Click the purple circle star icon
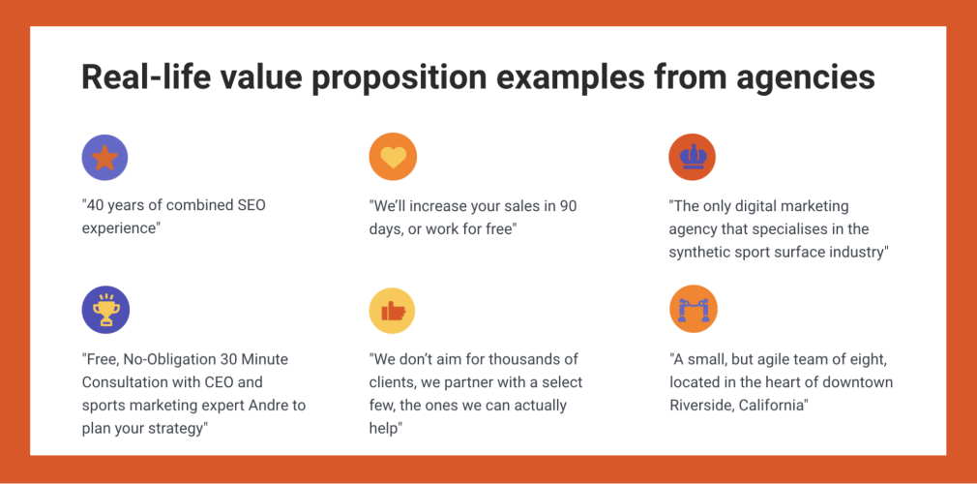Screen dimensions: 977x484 click(104, 158)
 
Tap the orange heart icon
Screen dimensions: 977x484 click(393, 158)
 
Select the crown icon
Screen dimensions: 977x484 click(692, 158)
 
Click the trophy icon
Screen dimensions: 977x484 click(105, 310)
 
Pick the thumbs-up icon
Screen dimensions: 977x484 click(392, 310)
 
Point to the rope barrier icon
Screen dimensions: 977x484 click(694, 310)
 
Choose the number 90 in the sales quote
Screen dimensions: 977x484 click(568, 206)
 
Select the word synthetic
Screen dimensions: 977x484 click(696, 252)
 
